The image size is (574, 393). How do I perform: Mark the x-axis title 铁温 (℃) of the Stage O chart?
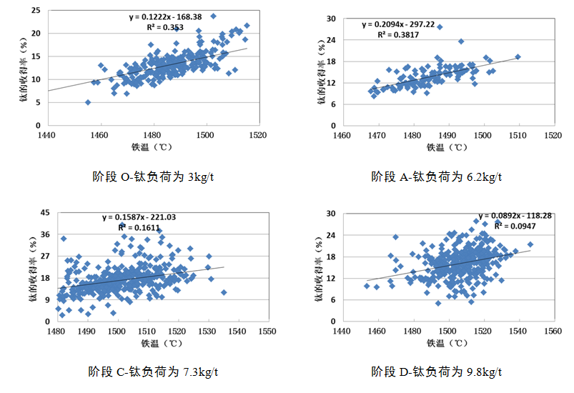[152, 147]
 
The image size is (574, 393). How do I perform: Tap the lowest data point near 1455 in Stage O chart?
[88, 102]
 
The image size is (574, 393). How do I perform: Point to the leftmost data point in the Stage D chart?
[367, 286]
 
